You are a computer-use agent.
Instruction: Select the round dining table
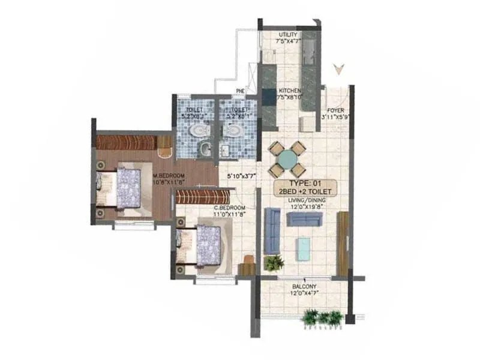click(x=287, y=158)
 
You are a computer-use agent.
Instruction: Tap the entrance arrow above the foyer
click(x=340, y=68)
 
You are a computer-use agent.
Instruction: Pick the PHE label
click(x=240, y=91)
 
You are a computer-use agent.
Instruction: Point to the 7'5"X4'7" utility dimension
click(x=289, y=42)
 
